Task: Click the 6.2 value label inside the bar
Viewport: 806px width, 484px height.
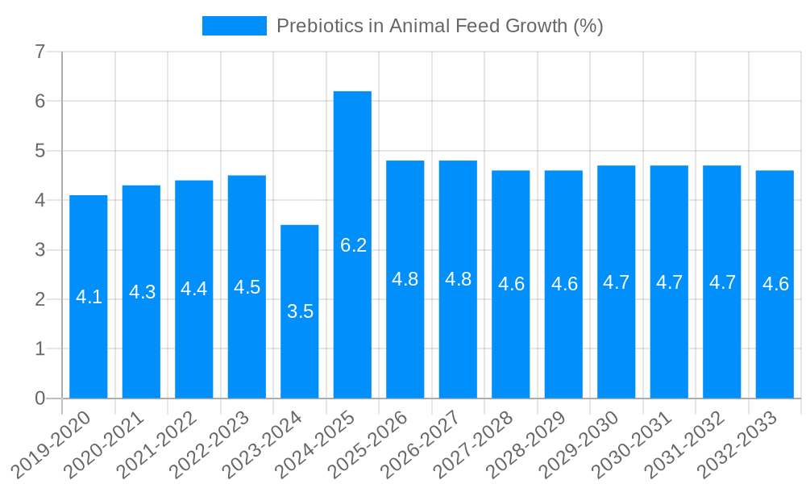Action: (353, 245)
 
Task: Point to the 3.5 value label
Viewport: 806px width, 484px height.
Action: (300, 311)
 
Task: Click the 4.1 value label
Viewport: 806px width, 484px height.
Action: (89, 297)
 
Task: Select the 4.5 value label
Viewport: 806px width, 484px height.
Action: (247, 287)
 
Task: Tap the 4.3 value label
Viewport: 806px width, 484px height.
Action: (142, 292)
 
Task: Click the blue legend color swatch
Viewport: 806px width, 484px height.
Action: (234, 26)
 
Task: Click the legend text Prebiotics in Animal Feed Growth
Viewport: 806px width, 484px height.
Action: (439, 26)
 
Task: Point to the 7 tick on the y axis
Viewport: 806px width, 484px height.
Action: (39, 52)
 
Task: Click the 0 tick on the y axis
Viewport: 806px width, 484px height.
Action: (39, 398)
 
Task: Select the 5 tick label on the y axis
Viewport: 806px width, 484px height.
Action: (39, 152)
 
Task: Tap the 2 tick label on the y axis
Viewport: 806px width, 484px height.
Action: (39, 299)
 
